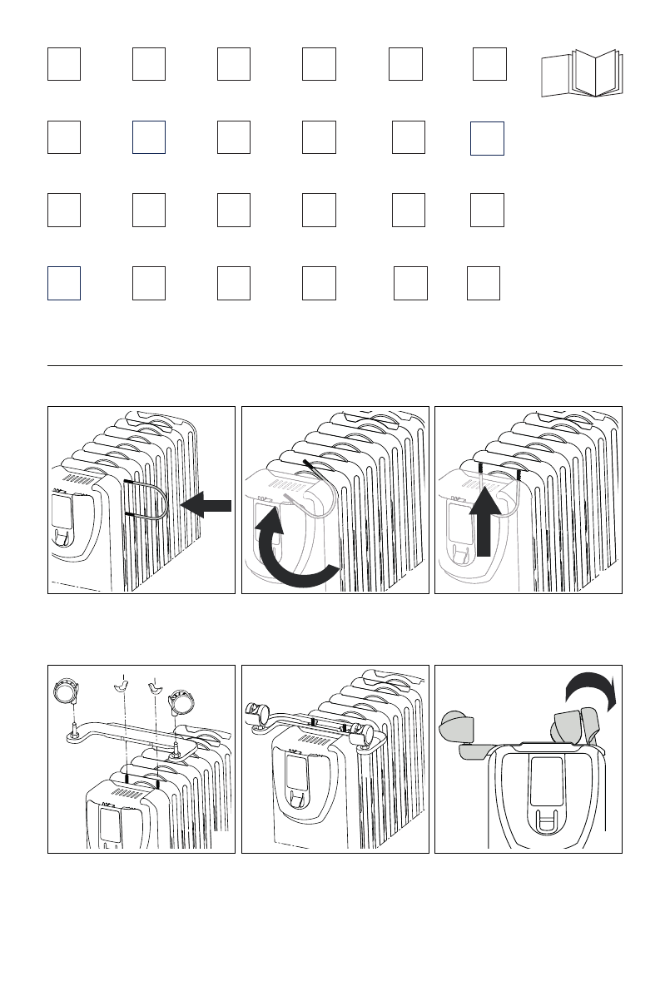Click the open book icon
pyautogui.click(x=579, y=74)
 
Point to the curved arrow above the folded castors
pyautogui.click(x=588, y=689)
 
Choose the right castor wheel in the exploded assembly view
pyautogui.click(x=182, y=702)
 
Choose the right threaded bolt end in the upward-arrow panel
pyautogui.click(x=519, y=474)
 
